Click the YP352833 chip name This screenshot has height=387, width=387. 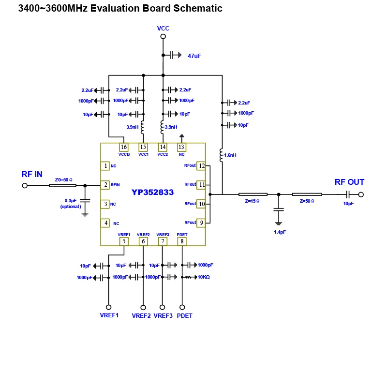click(152, 192)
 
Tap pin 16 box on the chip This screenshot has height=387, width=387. click(124, 147)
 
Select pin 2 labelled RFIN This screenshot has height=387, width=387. click(105, 185)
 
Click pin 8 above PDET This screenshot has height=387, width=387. click(182, 241)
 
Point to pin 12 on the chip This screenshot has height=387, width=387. click(201, 166)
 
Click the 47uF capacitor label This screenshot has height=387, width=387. click(194, 56)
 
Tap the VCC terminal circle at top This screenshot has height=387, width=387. click(163, 36)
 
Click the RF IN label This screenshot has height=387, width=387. click(32, 175)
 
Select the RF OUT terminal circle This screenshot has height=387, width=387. click(360, 194)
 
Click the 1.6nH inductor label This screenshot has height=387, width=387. click(230, 155)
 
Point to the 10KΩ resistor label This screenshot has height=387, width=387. click(203, 277)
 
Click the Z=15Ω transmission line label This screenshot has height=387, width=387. click(253, 201)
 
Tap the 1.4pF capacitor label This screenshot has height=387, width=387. click(280, 232)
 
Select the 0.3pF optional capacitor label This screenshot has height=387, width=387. click(70, 203)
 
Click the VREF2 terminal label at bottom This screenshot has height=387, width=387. click(141, 316)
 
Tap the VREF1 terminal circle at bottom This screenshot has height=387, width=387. click(108, 307)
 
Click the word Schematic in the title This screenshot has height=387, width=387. click(198, 8)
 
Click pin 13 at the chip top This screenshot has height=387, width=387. click(181, 147)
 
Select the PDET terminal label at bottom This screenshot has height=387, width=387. click(184, 316)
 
